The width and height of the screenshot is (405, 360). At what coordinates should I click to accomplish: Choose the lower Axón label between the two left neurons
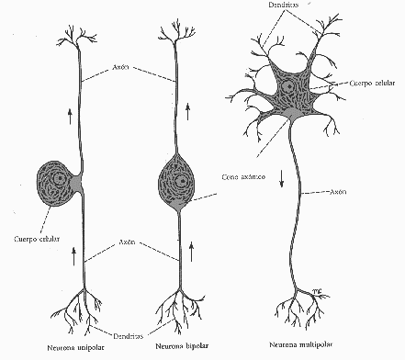point(129,242)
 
